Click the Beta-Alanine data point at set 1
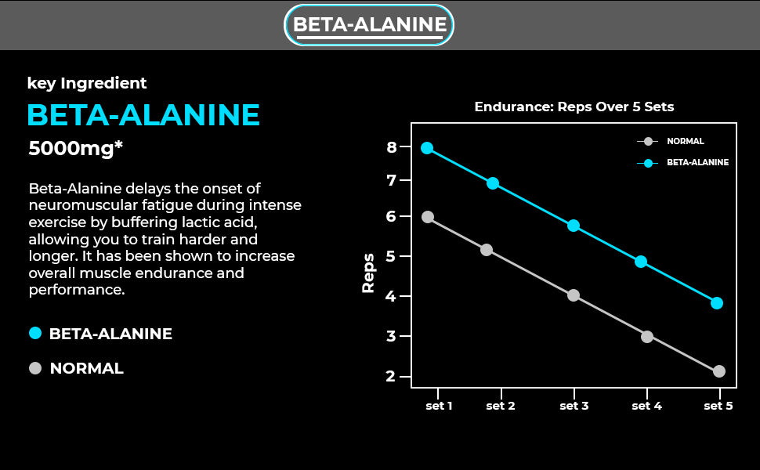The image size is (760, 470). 427,148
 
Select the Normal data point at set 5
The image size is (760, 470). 719,371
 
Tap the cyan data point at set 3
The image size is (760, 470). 574,226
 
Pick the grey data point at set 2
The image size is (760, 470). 487,250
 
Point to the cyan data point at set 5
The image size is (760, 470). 717,303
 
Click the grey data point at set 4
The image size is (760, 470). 647,337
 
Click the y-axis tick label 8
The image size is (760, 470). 392,146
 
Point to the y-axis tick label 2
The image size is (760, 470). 392,377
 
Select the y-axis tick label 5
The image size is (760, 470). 392,256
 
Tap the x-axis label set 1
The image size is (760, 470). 439,406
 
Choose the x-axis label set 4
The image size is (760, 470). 646,406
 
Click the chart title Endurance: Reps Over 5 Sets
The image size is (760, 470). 574,107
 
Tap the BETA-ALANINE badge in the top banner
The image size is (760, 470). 369,25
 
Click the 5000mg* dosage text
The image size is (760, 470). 76,148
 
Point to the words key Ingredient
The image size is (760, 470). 87,83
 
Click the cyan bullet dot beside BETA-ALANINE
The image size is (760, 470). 34,333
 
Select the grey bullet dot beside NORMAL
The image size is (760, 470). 34,368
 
